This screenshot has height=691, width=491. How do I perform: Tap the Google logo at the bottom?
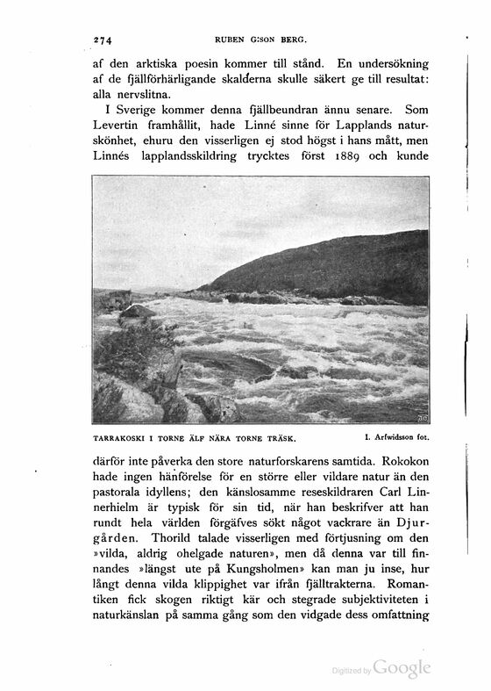(402, 668)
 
